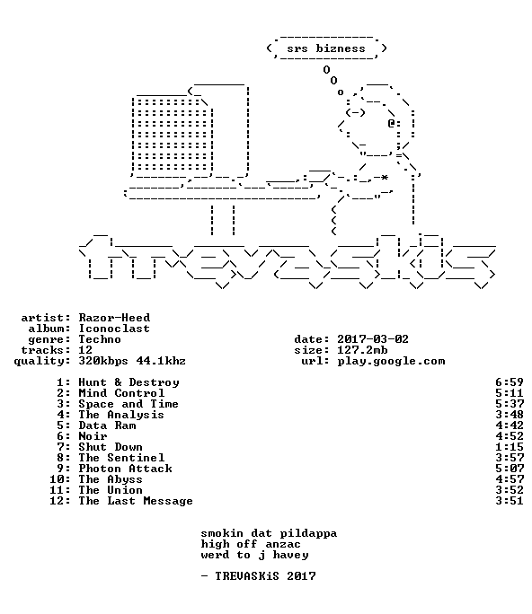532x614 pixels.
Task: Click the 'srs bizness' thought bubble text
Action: (x=326, y=48)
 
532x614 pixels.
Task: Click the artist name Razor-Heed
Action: (x=114, y=318)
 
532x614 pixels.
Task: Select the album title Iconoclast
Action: (x=114, y=329)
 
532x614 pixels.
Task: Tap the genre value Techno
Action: (x=100, y=339)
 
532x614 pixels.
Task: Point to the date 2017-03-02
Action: (x=373, y=339)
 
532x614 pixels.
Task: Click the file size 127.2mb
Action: (x=362, y=350)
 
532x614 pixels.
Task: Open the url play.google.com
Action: (x=391, y=361)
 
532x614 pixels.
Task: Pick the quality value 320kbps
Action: (x=103, y=361)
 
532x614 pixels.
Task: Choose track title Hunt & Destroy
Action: (x=129, y=382)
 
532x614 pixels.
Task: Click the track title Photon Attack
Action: (x=125, y=469)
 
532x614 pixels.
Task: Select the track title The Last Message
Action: (x=136, y=501)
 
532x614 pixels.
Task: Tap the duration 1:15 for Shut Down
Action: (x=510, y=447)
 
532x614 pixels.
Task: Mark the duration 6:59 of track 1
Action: (x=510, y=382)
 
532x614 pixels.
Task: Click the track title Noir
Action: (x=93, y=436)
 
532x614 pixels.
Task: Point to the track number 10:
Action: (x=60, y=479)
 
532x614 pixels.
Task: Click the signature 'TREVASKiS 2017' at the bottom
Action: (x=265, y=576)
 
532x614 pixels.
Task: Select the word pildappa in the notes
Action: (x=308, y=533)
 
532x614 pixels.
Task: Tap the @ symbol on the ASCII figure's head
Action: (x=391, y=123)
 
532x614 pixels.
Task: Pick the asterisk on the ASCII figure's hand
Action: (x=385, y=178)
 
